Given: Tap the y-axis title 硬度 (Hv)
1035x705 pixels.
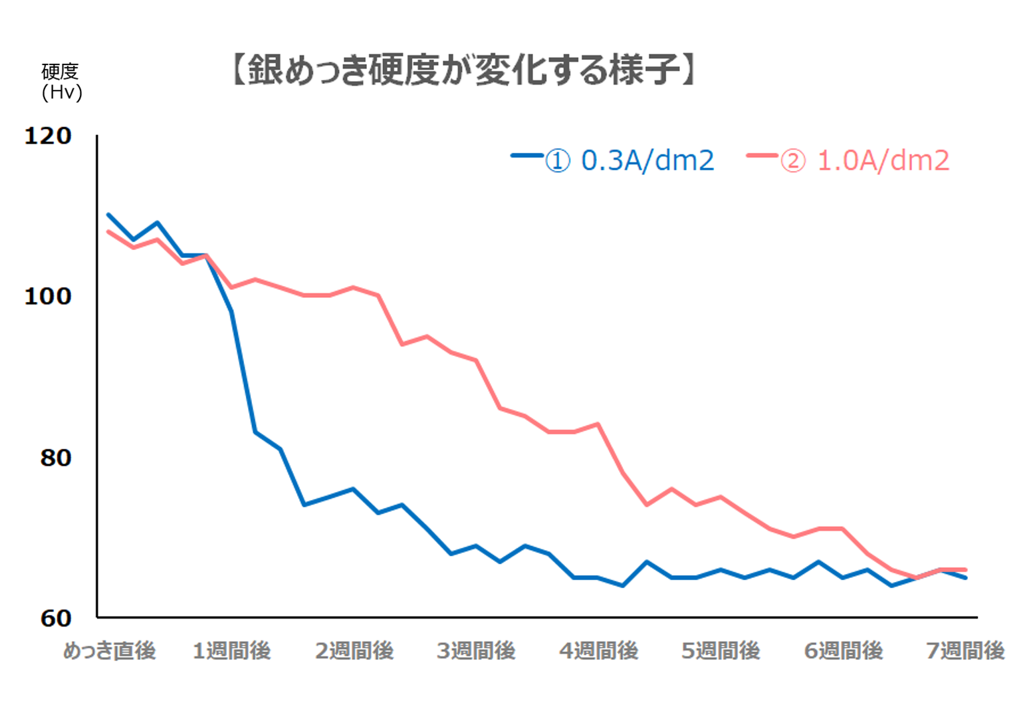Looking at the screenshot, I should pos(61,82).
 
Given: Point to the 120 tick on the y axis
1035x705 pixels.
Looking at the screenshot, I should pos(48,136).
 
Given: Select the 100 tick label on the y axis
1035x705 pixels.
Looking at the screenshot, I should pos(48,297).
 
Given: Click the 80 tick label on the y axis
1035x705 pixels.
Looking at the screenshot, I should pos(55,458).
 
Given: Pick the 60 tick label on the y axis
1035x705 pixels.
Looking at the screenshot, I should pos(55,619).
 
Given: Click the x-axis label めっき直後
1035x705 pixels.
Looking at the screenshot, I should pos(109,650).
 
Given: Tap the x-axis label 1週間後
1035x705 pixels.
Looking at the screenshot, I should pos(231,650).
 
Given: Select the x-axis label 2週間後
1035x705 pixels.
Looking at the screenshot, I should pos(354,650).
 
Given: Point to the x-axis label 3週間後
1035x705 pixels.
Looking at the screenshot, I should pos(476,650).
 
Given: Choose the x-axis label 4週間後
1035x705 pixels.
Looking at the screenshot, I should pos(598,650).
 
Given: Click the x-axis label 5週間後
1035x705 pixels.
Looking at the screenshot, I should pos(721,650).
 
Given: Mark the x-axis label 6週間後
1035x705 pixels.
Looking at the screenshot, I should pos(843,650).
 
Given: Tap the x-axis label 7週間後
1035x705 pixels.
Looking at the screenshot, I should pos(965,650).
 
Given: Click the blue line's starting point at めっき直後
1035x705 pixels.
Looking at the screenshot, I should pos(108,215).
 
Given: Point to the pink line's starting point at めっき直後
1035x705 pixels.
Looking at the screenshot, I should pos(108,231).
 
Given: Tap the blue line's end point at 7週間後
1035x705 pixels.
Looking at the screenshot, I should pos(965,577).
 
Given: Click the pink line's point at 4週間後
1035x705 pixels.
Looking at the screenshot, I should pos(598,424).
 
